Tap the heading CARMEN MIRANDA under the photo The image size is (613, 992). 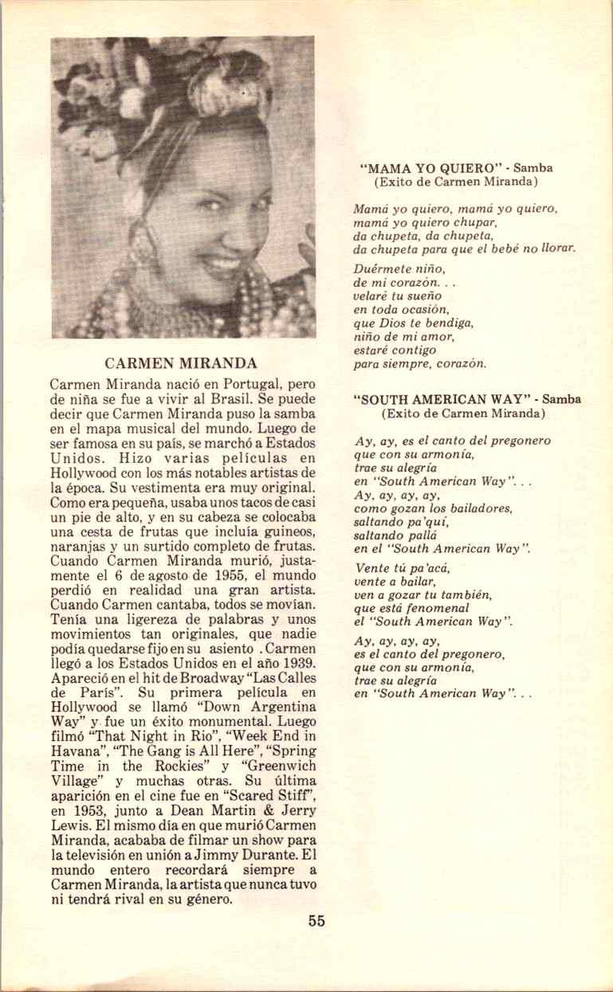[181, 363]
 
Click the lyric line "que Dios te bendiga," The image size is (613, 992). [414, 323]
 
